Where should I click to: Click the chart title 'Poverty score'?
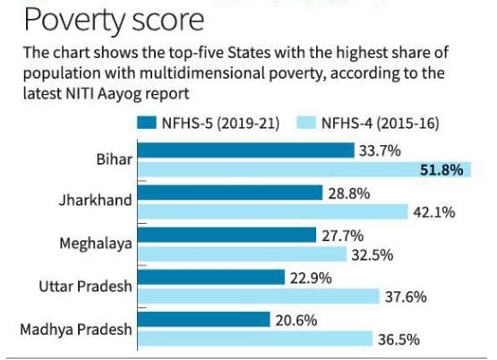pos(114,21)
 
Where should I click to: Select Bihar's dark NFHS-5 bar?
pos(246,150)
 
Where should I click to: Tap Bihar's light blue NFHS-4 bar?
pos(304,169)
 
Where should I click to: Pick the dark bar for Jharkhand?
pos(230,193)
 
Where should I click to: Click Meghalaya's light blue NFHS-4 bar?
pos(242,254)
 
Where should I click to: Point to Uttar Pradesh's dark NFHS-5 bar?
pos(211,278)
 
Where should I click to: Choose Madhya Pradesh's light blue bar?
pos(255,339)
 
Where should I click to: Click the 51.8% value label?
pos(441,170)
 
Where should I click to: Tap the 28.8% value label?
pos(349,193)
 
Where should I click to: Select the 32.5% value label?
pos(373,255)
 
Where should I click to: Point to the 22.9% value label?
pos(311,279)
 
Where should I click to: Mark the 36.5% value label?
pos(398,339)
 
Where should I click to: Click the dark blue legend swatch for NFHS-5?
pos(147,123)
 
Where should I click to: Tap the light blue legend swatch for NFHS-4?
pos(306,123)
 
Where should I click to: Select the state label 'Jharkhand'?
pos(96,201)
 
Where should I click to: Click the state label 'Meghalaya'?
pos(96,244)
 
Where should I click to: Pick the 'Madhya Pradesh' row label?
pos(76,330)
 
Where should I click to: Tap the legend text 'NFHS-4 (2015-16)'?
pos(381,123)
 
